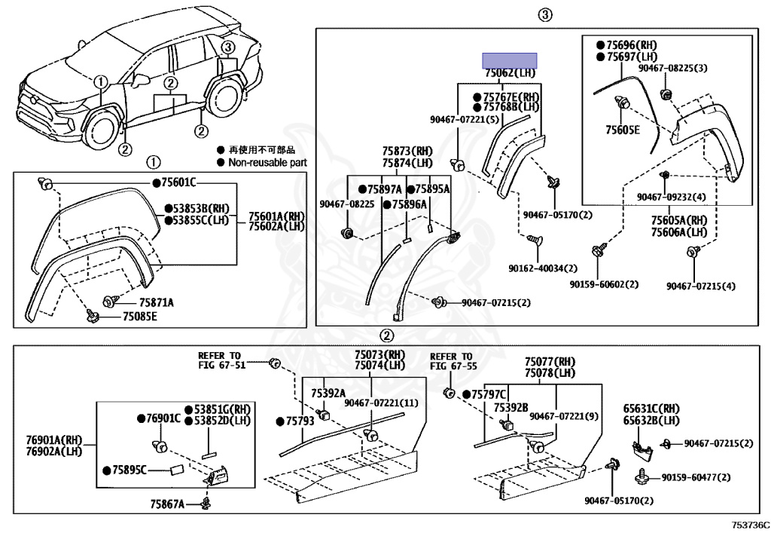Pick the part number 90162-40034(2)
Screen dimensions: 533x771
click(x=542, y=268)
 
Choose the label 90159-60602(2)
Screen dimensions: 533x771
click(x=604, y=284)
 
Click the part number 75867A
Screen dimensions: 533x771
click(x=166, y=503)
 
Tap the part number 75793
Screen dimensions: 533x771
click(x=299, y=421)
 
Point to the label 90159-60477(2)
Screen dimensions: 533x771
click(x=707, y=477)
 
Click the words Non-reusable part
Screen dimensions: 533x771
click(x=267, y=162)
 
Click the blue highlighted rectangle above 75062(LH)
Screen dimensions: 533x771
click(x=510, y=60)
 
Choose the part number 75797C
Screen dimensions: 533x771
click(x=489, y=394)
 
